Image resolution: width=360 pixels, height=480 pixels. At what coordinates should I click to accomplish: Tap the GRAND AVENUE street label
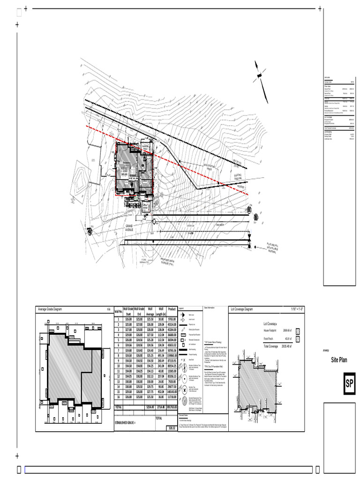click(129, 228)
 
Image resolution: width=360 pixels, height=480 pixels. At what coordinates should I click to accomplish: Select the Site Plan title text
click(341, 360)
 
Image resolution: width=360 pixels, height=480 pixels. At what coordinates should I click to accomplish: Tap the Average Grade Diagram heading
click(57, 309)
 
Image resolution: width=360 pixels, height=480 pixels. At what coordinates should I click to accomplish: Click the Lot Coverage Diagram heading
click(248, 309)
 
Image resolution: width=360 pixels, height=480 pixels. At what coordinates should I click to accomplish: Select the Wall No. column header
click(118, 312)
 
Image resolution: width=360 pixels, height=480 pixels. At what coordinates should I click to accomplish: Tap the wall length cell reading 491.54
click(160, 355)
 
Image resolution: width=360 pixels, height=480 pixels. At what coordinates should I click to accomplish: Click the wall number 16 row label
click(118, 397)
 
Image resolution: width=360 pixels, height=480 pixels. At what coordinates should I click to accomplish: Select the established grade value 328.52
click(172, 428)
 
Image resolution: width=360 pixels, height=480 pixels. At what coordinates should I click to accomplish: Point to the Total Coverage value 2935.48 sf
click(285, 346)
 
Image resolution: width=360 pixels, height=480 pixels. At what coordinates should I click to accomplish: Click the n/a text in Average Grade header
click(108, 309)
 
